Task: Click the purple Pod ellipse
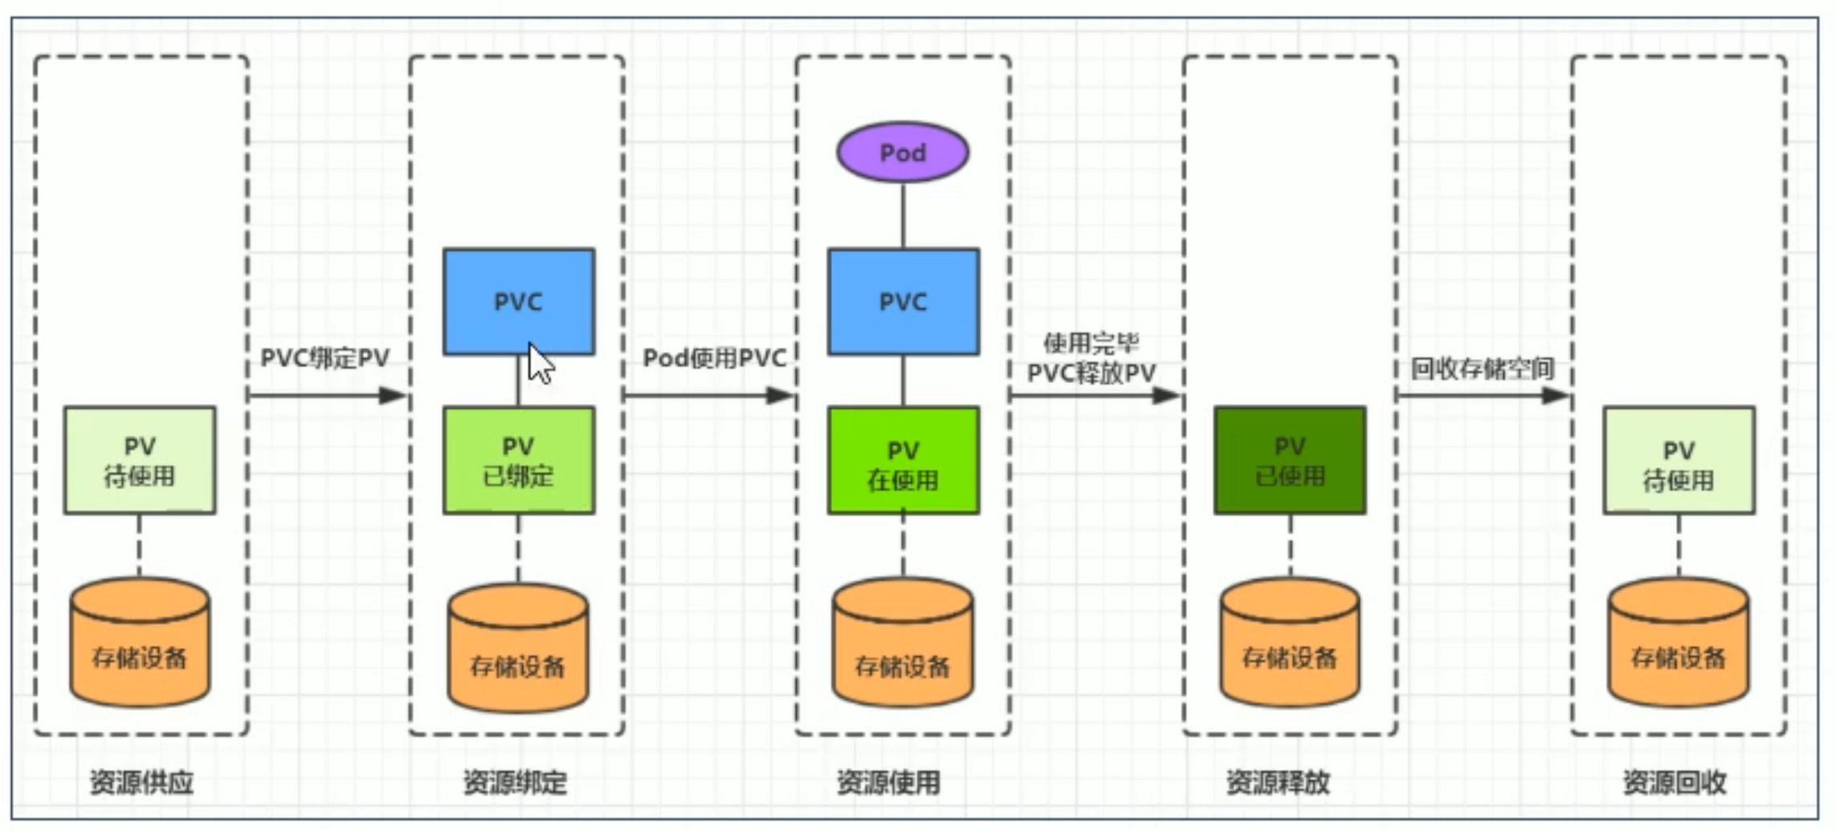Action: pyautogui.click(x=902, y=153)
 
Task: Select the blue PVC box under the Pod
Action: pyautogui.click(x=903, y=301)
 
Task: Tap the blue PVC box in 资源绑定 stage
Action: pyautogui.click(x=518, y=301)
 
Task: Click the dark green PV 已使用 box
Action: pyautogui.click(x=1289, y=460)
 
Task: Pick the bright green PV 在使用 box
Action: pyautogui.click(x=903, y=460)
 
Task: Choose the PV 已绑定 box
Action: pyautogui.click(x=518, y=460)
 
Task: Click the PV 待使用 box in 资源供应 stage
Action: pyautogui.click(x=140, y=460)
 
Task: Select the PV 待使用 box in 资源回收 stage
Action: pyautogui.click(x=1678, y=460)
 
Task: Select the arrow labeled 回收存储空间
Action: pyautogui.click(x=1483, y=395)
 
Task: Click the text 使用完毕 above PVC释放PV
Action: pyautogui.click(x=1091, y=344)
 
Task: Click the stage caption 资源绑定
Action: pyautogui.click(x=515, y=782)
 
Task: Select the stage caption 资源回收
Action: pyautogui.click(x=1674, y=782)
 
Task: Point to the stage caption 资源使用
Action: pyautogui.click(x=888, y=782)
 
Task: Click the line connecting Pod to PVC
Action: pyautogui.click(x=903, y=215)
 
